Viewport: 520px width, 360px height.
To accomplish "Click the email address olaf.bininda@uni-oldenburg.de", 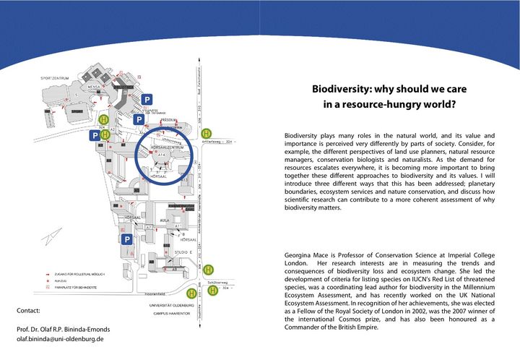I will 60,338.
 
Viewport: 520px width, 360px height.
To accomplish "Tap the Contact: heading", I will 28,311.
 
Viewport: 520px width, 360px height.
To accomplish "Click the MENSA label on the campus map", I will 93,85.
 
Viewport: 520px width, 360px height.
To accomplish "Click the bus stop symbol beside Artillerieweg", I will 208,133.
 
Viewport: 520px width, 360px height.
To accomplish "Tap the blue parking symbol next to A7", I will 127,239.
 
